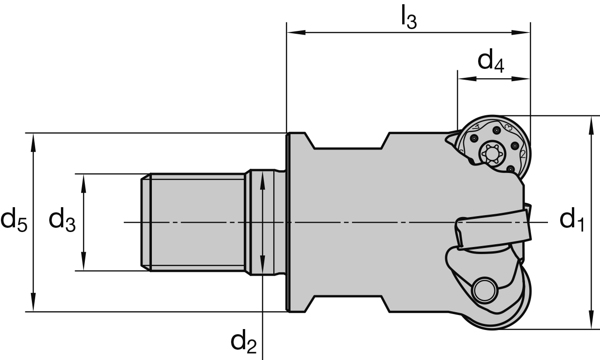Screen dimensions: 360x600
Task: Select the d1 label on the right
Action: coord(572,220)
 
